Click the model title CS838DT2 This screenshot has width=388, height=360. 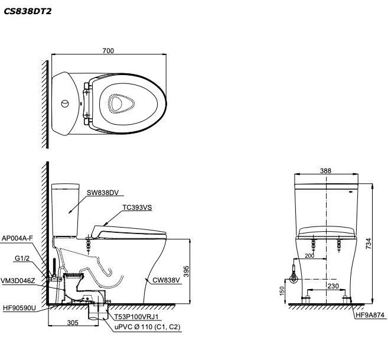point(27,11)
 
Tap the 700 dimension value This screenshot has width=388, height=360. point(107,51)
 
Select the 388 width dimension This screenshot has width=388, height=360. point(325,171)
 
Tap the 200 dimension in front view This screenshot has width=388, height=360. point(309,255)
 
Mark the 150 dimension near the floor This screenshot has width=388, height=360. point(282,292)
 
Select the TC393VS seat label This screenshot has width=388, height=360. point(137,208)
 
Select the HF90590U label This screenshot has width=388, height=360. point(19,307)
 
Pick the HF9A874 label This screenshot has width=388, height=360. point(370,315)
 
